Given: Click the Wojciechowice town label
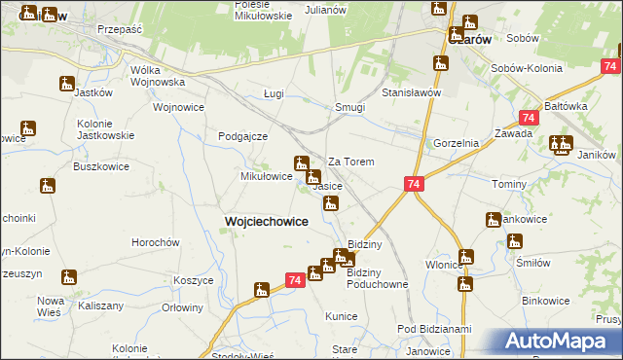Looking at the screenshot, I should (x=267, y=221).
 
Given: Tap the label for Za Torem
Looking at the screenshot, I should (x=351, y=162).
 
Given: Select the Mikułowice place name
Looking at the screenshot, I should (x=267, y=176).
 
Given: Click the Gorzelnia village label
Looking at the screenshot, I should (x=457, y=143).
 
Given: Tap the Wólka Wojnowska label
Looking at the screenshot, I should (x=158, y=77).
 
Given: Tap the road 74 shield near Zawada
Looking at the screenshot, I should (x=528, y=117).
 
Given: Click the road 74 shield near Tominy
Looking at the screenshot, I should (x=414, y=184).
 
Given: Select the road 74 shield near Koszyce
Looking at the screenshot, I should (x=294, y=280).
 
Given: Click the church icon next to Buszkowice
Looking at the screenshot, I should (x=48, y=185).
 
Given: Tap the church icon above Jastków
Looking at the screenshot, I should (x=66, y=84).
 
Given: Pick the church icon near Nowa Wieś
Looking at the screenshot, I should (x=69, y=278).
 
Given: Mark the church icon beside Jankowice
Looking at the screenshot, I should (x=494, y=219).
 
